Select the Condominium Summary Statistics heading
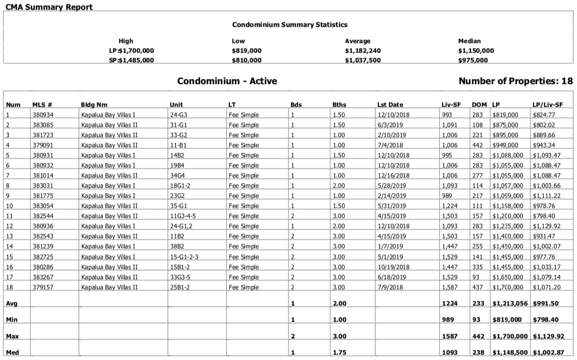point(290,24)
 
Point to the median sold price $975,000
point(473,60)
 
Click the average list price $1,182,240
point(363,51)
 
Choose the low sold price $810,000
point(247,60)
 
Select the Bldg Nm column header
point(94,105)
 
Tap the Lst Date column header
point(390,105)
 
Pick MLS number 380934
point(43,115)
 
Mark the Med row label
point(13,352)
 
